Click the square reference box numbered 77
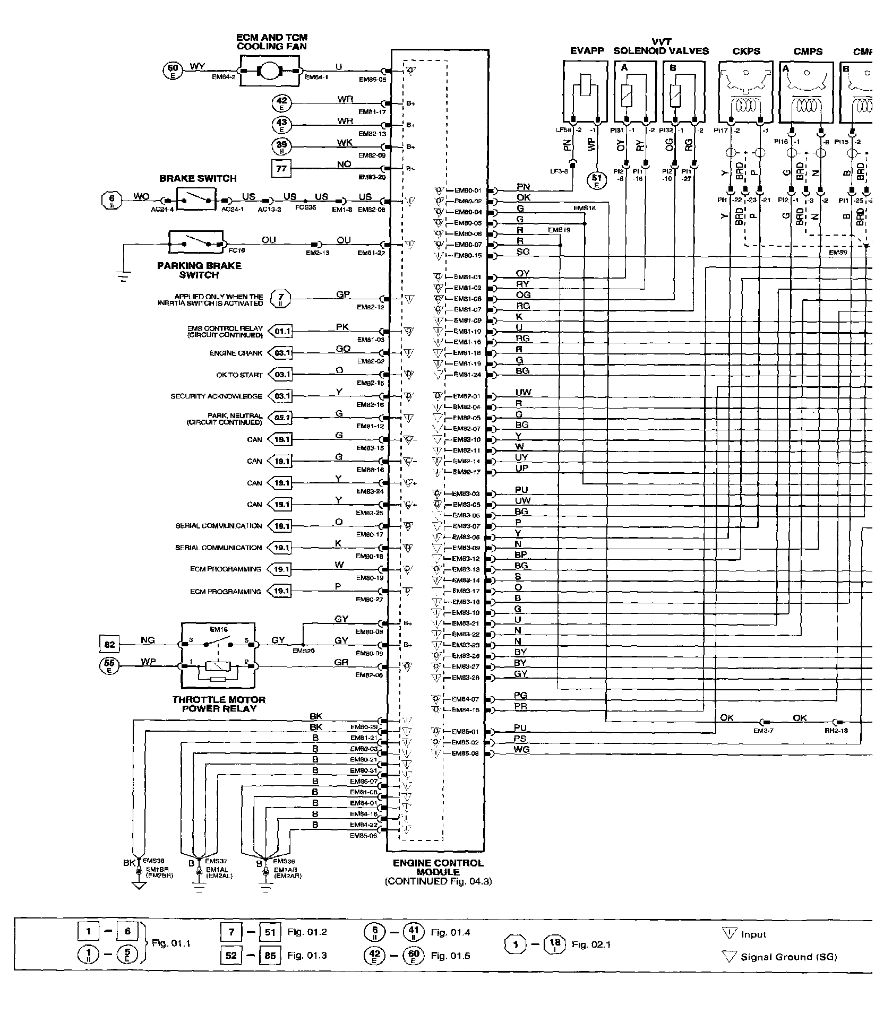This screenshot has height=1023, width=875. tap(281, 169)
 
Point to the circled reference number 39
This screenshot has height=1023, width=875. tap(281, 146)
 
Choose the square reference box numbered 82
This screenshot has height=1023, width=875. tap(109, 644)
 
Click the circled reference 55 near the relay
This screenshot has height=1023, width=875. tap(109, 665)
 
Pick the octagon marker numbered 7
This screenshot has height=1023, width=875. tap(281, 299)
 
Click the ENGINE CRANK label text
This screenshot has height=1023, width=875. tap(236, 353)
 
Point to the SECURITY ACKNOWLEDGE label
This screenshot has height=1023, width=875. tap(216, 396)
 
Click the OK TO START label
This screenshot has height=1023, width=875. tap(239, 375)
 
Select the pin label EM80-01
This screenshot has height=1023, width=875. tap(468, 190)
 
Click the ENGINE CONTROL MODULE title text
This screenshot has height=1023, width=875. tap(438, 868)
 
